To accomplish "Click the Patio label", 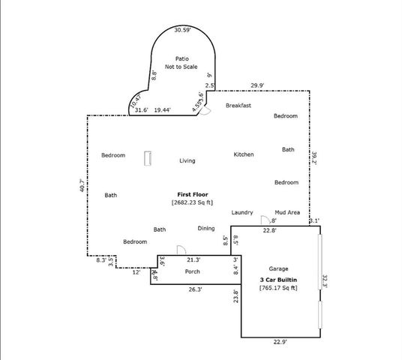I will pos(181,58).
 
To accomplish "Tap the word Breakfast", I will pos(238,106).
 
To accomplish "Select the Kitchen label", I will pos(243,154).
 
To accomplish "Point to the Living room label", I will pos(187,160).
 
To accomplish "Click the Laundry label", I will pos(241,212).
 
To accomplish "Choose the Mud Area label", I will pos(288,212).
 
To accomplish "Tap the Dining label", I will pos(206,228).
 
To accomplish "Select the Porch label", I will pos(192,271).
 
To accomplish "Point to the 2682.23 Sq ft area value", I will pos(191,202).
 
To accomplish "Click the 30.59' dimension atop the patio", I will pos(182,30).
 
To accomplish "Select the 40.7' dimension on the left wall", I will pos(82,185).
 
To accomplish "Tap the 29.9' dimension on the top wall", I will pos(258,85).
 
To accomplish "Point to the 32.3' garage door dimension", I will pos(325,281).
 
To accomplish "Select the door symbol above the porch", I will pos(180,250).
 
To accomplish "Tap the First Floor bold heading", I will pos(191,194).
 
